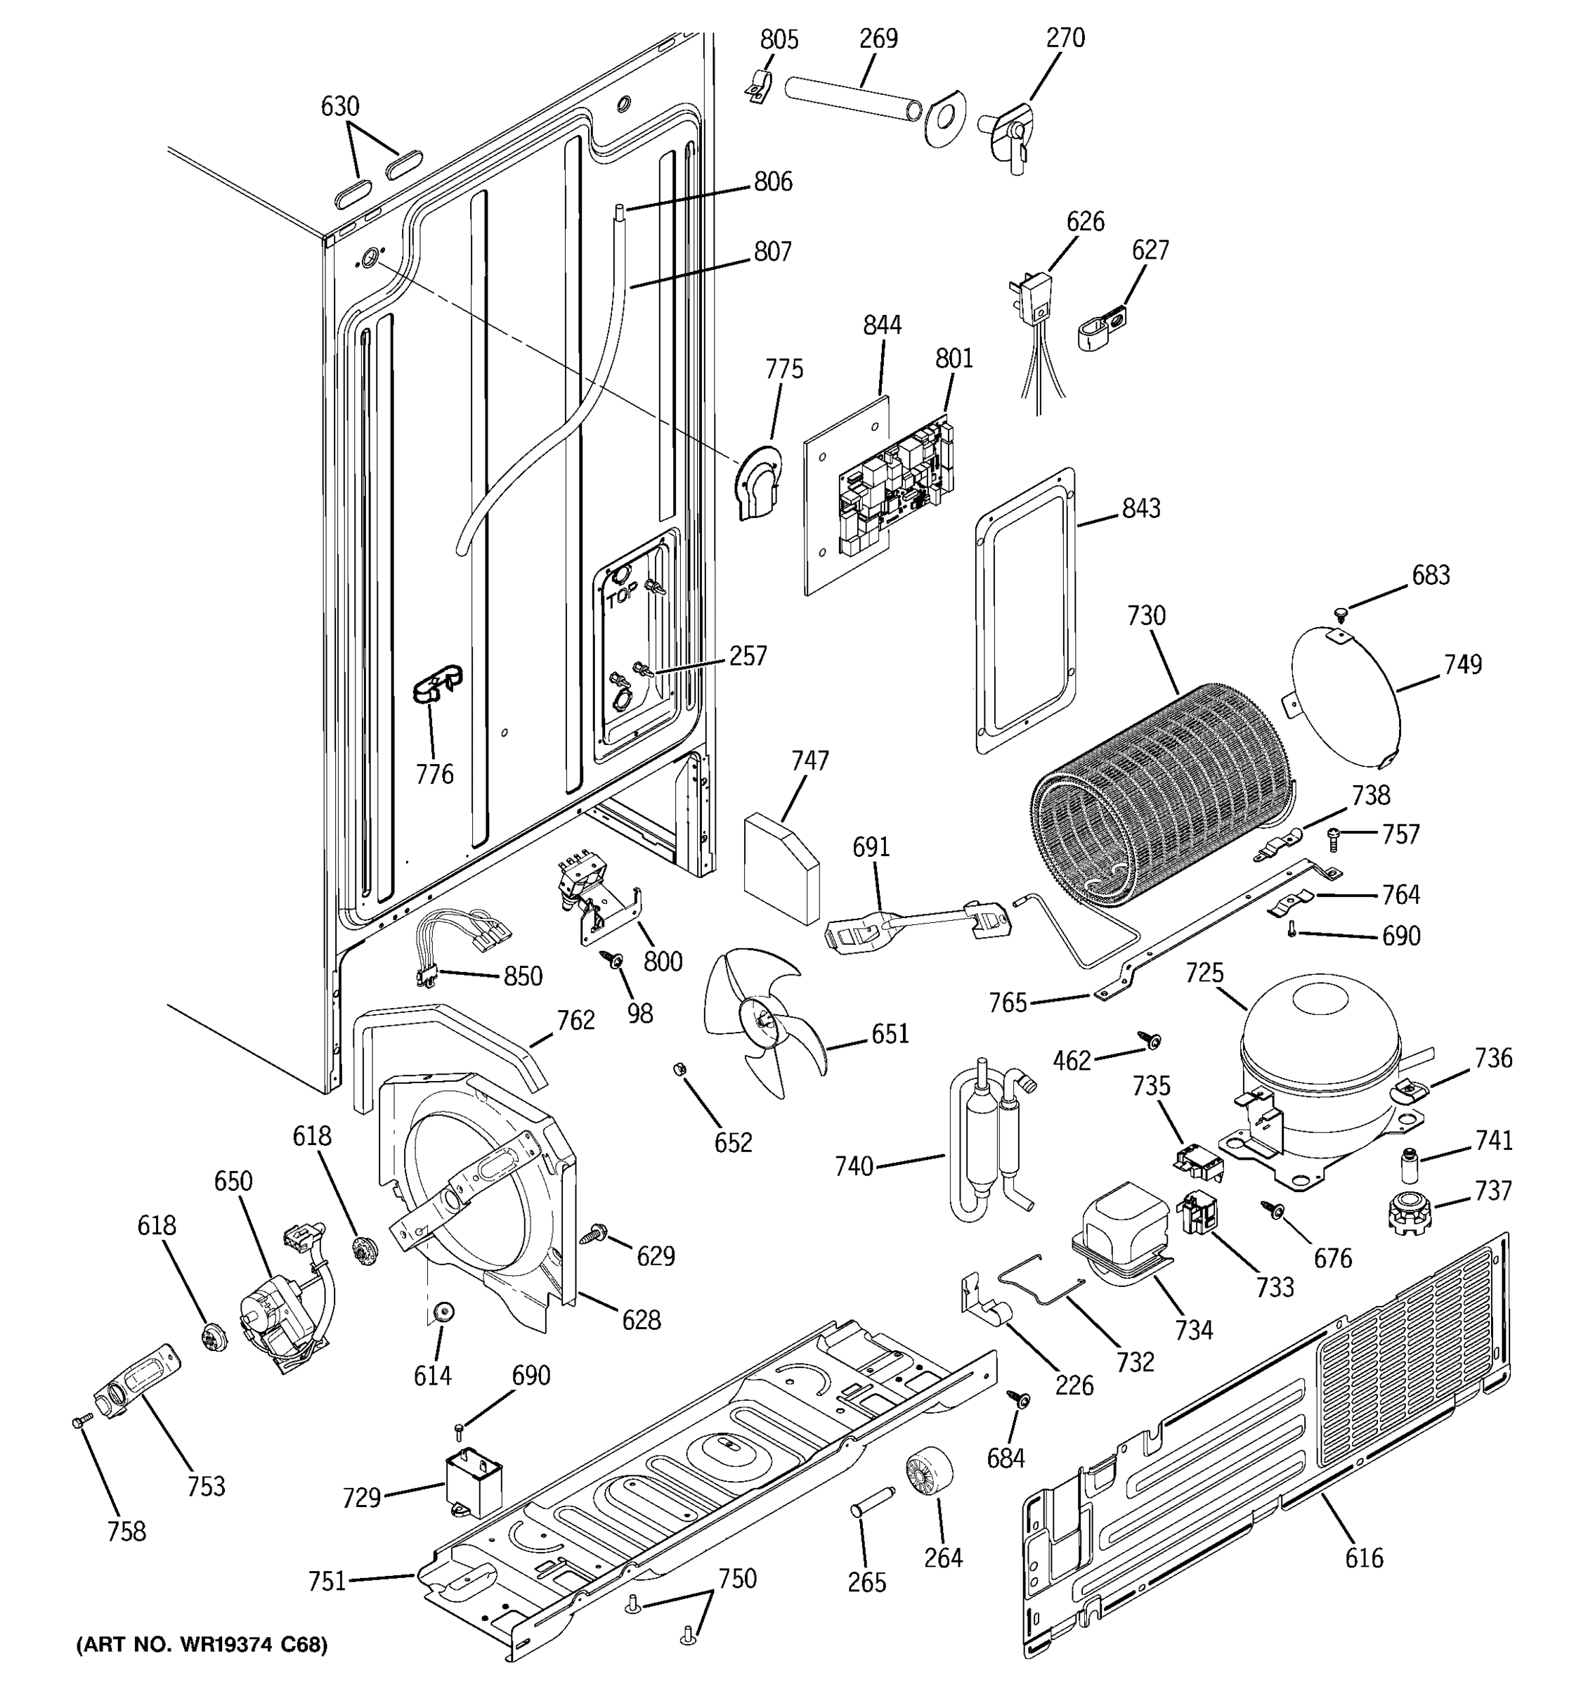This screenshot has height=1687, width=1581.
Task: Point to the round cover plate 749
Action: (1344, 694)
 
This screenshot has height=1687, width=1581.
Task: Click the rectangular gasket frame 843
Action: (1024, 611)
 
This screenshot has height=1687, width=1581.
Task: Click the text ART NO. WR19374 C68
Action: (202, 1646)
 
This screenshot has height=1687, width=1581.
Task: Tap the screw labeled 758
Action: (79, 1421)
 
